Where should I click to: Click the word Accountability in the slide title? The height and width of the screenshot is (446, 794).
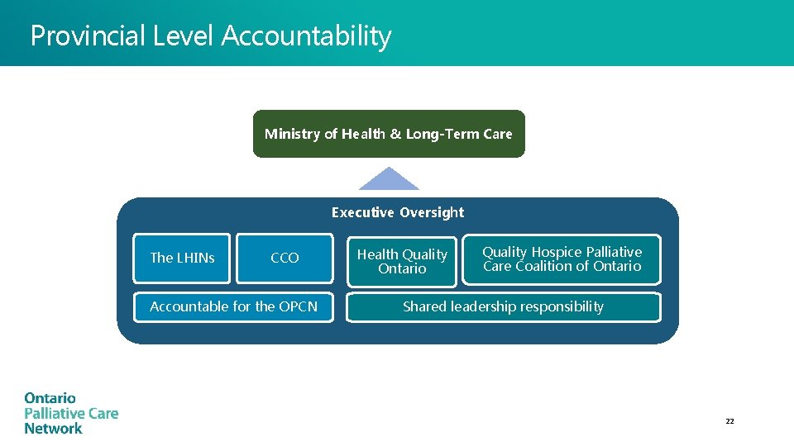pos(306,36)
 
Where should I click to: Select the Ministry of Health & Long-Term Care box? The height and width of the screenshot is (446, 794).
pos(389,134)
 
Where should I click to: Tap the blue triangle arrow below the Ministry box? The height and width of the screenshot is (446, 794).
pos(389,180)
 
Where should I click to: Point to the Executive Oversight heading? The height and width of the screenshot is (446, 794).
pos(398,212)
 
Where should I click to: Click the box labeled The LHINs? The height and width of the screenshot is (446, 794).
pos(182,258)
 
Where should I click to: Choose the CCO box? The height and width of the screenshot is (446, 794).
pos(285,258)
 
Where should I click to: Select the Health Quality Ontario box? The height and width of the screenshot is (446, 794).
pos(402,262)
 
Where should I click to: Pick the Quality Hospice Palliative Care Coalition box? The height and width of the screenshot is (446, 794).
pos(562,259)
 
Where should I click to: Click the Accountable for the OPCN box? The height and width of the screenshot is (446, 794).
pos(233,306)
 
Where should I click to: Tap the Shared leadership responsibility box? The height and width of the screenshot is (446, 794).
pos(503,306)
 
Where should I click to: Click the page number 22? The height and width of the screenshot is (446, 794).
pos(729,421)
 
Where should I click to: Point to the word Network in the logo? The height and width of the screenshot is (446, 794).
pos(53,429)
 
